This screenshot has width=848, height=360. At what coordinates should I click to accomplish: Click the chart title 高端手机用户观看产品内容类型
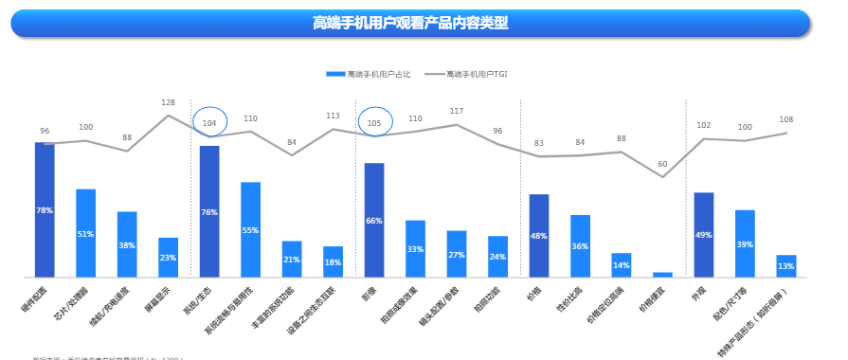pyautogui.click(x=410, y=23)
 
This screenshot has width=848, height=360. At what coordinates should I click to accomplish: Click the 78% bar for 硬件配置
pyautogui.click(x=45, y=210)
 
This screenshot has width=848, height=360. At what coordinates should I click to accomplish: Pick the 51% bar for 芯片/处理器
pyautogui.click(x=86, y=233)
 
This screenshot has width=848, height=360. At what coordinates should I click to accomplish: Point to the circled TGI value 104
pyautogui.click(x=209, y=122)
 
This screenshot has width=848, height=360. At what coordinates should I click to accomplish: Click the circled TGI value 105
pyautogui.click(x=374, y=123)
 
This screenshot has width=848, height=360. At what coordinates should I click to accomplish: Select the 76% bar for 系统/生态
pyautogui.click(x=209, y=211)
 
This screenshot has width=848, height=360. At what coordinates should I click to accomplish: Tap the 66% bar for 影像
pyautogui.click(x=374, y=220)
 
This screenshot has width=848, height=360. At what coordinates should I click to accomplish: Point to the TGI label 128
pyautogui.click(x=168, y=102)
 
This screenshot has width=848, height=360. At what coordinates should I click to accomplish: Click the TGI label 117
pyautogui.click(x=457, y=111)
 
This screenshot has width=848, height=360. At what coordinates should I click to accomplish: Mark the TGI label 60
pyautogui.click(x=662, y=164)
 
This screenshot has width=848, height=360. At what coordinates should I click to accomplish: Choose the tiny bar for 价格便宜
pyautogui.click(x=662, y=275)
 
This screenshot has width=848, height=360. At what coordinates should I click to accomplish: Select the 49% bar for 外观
pyautogui.click(x=703, y=234)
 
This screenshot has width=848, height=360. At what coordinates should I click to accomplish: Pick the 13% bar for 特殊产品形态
pyautogui.click(x=785, y=266)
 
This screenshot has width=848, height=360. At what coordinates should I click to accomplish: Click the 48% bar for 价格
pyautogui.click(x=538, y=236)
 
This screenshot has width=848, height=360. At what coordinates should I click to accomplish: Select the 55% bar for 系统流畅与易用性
pyautogui.click(x=250, y=229)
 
